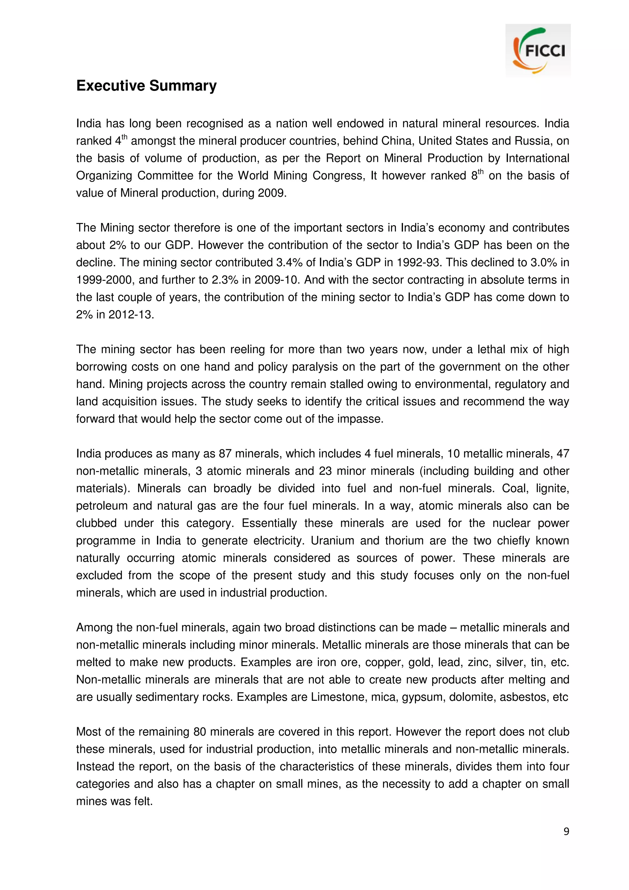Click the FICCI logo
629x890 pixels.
[537, 50]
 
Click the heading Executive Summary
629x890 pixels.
[146, 86]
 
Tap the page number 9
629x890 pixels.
[566, 831]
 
